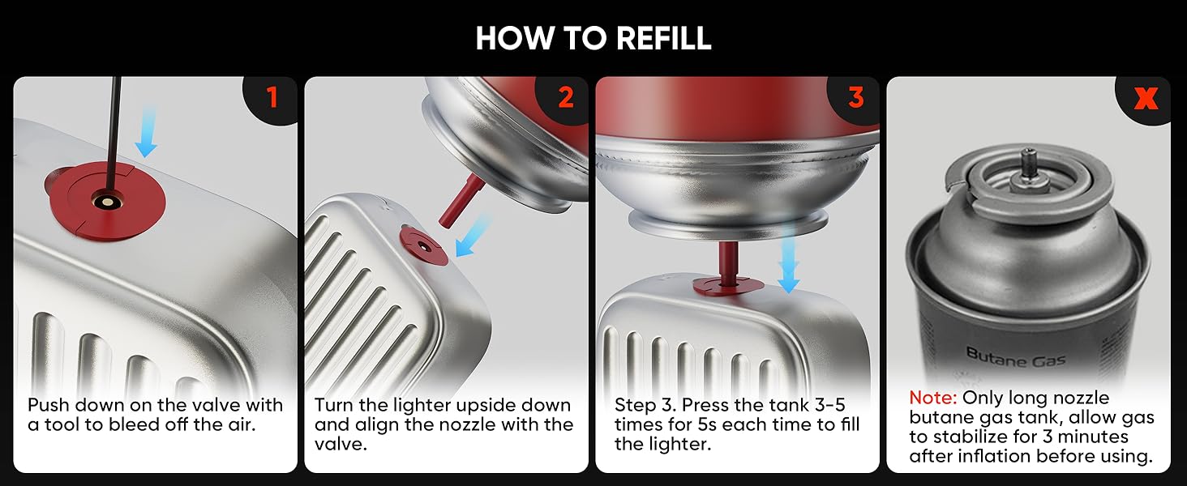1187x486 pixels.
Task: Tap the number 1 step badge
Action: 271,98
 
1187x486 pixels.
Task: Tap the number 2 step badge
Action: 565,98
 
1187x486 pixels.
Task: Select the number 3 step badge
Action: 855,98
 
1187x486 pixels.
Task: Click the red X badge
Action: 1146,99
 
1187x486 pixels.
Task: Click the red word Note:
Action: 932,398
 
